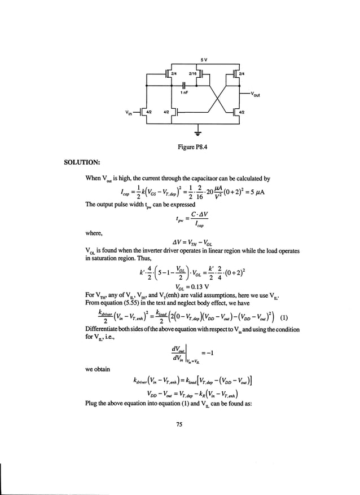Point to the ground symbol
point(197,134)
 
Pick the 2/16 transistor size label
point(192,73)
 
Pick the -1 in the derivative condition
point(205,357)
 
